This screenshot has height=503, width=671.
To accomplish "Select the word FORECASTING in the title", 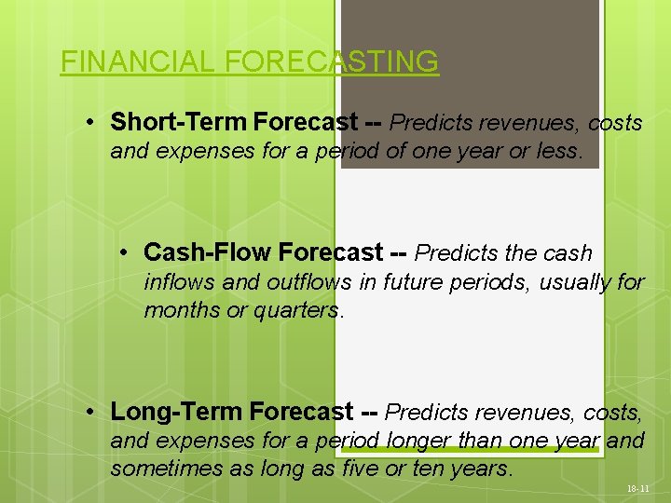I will pos(331,61).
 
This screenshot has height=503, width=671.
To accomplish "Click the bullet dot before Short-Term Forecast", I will pos(87,123).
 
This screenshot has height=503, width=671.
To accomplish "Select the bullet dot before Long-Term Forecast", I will pos(87,412).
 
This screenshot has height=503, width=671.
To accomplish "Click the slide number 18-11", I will pos(638,487).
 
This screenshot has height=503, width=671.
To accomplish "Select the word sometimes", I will pos(167,469).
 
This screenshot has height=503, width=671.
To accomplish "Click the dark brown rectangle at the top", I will pos(471,56).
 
